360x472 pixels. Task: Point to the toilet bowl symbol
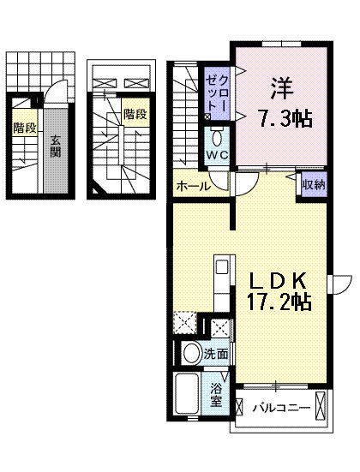217,136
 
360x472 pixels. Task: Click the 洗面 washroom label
216,354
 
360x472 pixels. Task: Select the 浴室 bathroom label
217,397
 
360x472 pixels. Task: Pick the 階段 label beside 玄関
23,129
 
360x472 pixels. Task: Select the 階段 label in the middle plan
133,113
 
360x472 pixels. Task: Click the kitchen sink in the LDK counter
221,267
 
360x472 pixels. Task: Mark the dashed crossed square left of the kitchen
185,324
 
